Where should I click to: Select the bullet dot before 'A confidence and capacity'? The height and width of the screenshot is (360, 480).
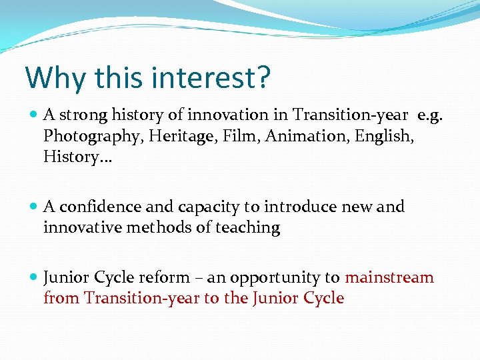34,207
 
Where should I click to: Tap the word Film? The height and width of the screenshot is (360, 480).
239,136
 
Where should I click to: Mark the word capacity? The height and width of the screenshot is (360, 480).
199,207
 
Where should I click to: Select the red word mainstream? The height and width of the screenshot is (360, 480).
389,277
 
